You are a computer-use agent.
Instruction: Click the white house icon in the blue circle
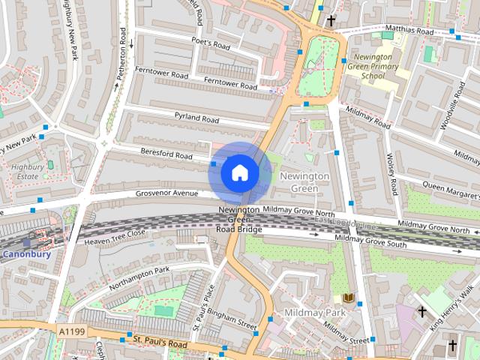tap(239, 173)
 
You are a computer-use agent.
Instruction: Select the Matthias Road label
tap(409, 32)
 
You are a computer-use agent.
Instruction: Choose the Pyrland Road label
tap(196, 118)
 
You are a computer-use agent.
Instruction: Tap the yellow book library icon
tap(348, 298)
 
